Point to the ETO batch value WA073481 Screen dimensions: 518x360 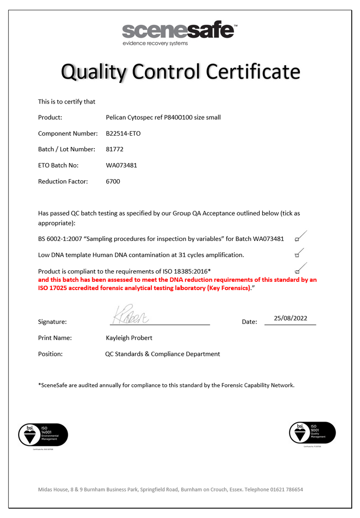coord(121,165)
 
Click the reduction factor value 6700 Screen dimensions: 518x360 coord(112,181)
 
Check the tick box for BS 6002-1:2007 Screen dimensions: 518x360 coord(297,239)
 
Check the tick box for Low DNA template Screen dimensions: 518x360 coord(297,255)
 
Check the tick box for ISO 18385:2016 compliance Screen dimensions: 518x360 coord(297,271)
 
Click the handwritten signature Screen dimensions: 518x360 coord(129,315)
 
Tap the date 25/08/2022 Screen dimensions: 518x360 coord(290,319)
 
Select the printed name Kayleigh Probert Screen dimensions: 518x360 coord(129,338)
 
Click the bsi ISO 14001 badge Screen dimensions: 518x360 coord(43,435)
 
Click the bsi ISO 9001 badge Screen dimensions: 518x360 coord(312,433)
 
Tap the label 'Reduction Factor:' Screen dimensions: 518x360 coord(63,181)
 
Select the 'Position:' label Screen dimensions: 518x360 coord(51,354)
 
